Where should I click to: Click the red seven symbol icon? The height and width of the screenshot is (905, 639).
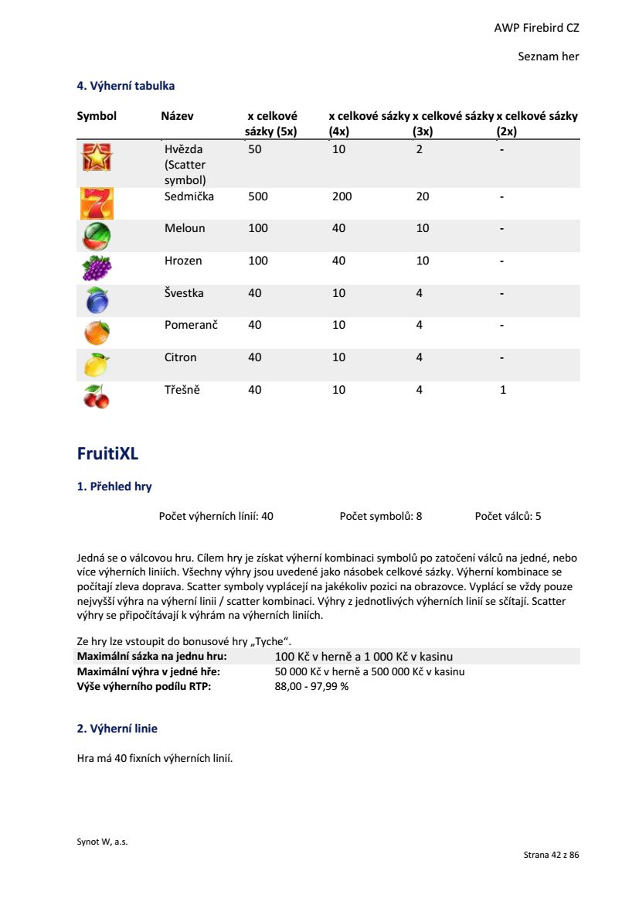(x=97, y=203)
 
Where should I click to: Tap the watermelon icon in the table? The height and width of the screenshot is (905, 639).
(x=97, y=235)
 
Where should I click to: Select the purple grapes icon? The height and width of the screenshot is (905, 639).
(x=97, y=268)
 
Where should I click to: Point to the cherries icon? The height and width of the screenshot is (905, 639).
(x=97, y=396)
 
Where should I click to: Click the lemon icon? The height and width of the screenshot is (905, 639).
(x=97, y=364)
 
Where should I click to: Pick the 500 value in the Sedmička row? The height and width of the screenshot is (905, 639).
(x=258, y=196)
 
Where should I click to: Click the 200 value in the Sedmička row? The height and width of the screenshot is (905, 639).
(x=342, y=196)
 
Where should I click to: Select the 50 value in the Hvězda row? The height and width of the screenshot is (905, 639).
(x=255, y=149)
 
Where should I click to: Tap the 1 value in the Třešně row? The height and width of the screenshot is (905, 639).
(x=503, y=390)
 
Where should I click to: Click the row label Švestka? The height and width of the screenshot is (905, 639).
(x=185, y=293)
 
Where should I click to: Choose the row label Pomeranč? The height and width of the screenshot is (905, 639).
(x=191, y=325)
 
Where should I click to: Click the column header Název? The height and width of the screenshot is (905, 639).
(x=177, y=116)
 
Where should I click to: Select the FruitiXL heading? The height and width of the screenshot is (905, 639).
(x=107, y=454)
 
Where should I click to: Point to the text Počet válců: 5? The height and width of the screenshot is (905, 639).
(x=508, y=516)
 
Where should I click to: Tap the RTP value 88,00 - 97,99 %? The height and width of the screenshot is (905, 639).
(x=311, y=686)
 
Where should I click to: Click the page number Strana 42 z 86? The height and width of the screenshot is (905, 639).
(x=551, y=855)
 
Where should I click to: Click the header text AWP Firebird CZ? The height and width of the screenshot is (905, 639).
(x=536, y=28)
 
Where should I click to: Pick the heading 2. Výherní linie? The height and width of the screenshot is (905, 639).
(x=117, y=729)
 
